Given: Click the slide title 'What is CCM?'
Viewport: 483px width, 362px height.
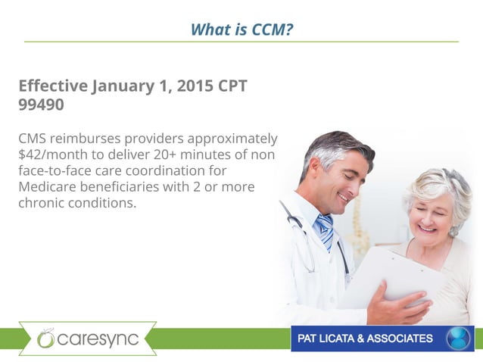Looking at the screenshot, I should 241,30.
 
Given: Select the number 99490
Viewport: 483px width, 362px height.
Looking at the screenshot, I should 41,105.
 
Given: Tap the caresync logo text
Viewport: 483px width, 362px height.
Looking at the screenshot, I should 98,339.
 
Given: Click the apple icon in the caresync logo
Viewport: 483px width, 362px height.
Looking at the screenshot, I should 46,339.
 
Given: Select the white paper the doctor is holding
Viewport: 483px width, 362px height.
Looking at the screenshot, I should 394,273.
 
